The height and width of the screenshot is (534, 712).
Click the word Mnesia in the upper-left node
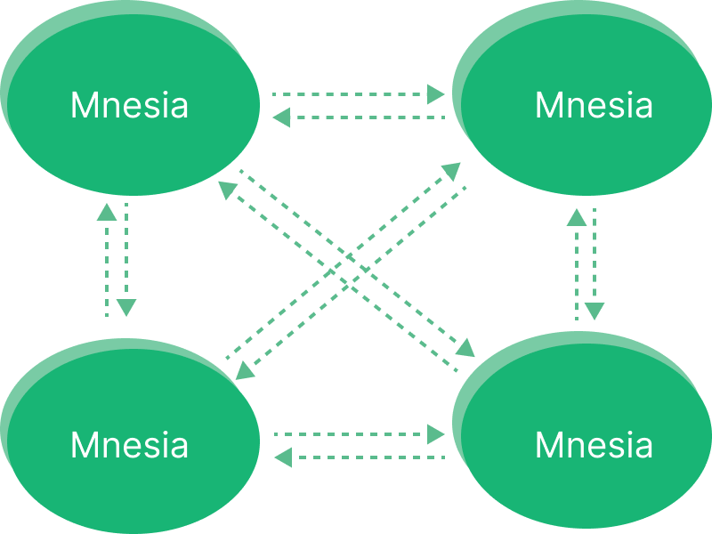pos(129,106)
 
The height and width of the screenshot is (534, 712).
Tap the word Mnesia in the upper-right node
pos(594,106)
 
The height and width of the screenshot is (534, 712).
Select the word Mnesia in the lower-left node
pos(129,444)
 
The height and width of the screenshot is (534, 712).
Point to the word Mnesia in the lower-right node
pos(594,444)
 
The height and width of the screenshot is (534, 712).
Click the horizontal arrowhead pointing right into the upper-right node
pos(436,93)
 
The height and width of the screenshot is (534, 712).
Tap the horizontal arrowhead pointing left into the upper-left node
pos(281,117)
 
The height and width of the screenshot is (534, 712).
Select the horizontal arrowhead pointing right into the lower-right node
pos(436,434)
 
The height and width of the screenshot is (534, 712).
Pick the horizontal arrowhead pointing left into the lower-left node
pos(282,457)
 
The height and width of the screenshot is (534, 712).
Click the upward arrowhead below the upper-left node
pos(106,212)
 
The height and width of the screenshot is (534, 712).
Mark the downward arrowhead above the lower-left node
pos(126,308)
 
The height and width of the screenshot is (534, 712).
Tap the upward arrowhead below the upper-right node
pos(576,215)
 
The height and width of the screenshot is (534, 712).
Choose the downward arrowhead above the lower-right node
pos(595,311)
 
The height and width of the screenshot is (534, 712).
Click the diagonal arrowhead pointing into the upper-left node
pos(228,188)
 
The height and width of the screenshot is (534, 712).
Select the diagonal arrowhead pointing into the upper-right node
pos(451,171)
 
